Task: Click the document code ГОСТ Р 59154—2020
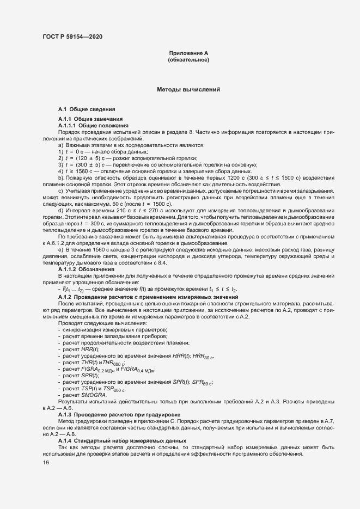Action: (x=72, y=36)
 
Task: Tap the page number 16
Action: (x=45, y=462)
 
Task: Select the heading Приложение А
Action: (x=188, y=53)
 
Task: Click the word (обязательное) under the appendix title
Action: (x=188, y=59)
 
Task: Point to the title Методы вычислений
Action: (x=188, y=89)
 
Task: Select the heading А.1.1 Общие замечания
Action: (x=90, y=119)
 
